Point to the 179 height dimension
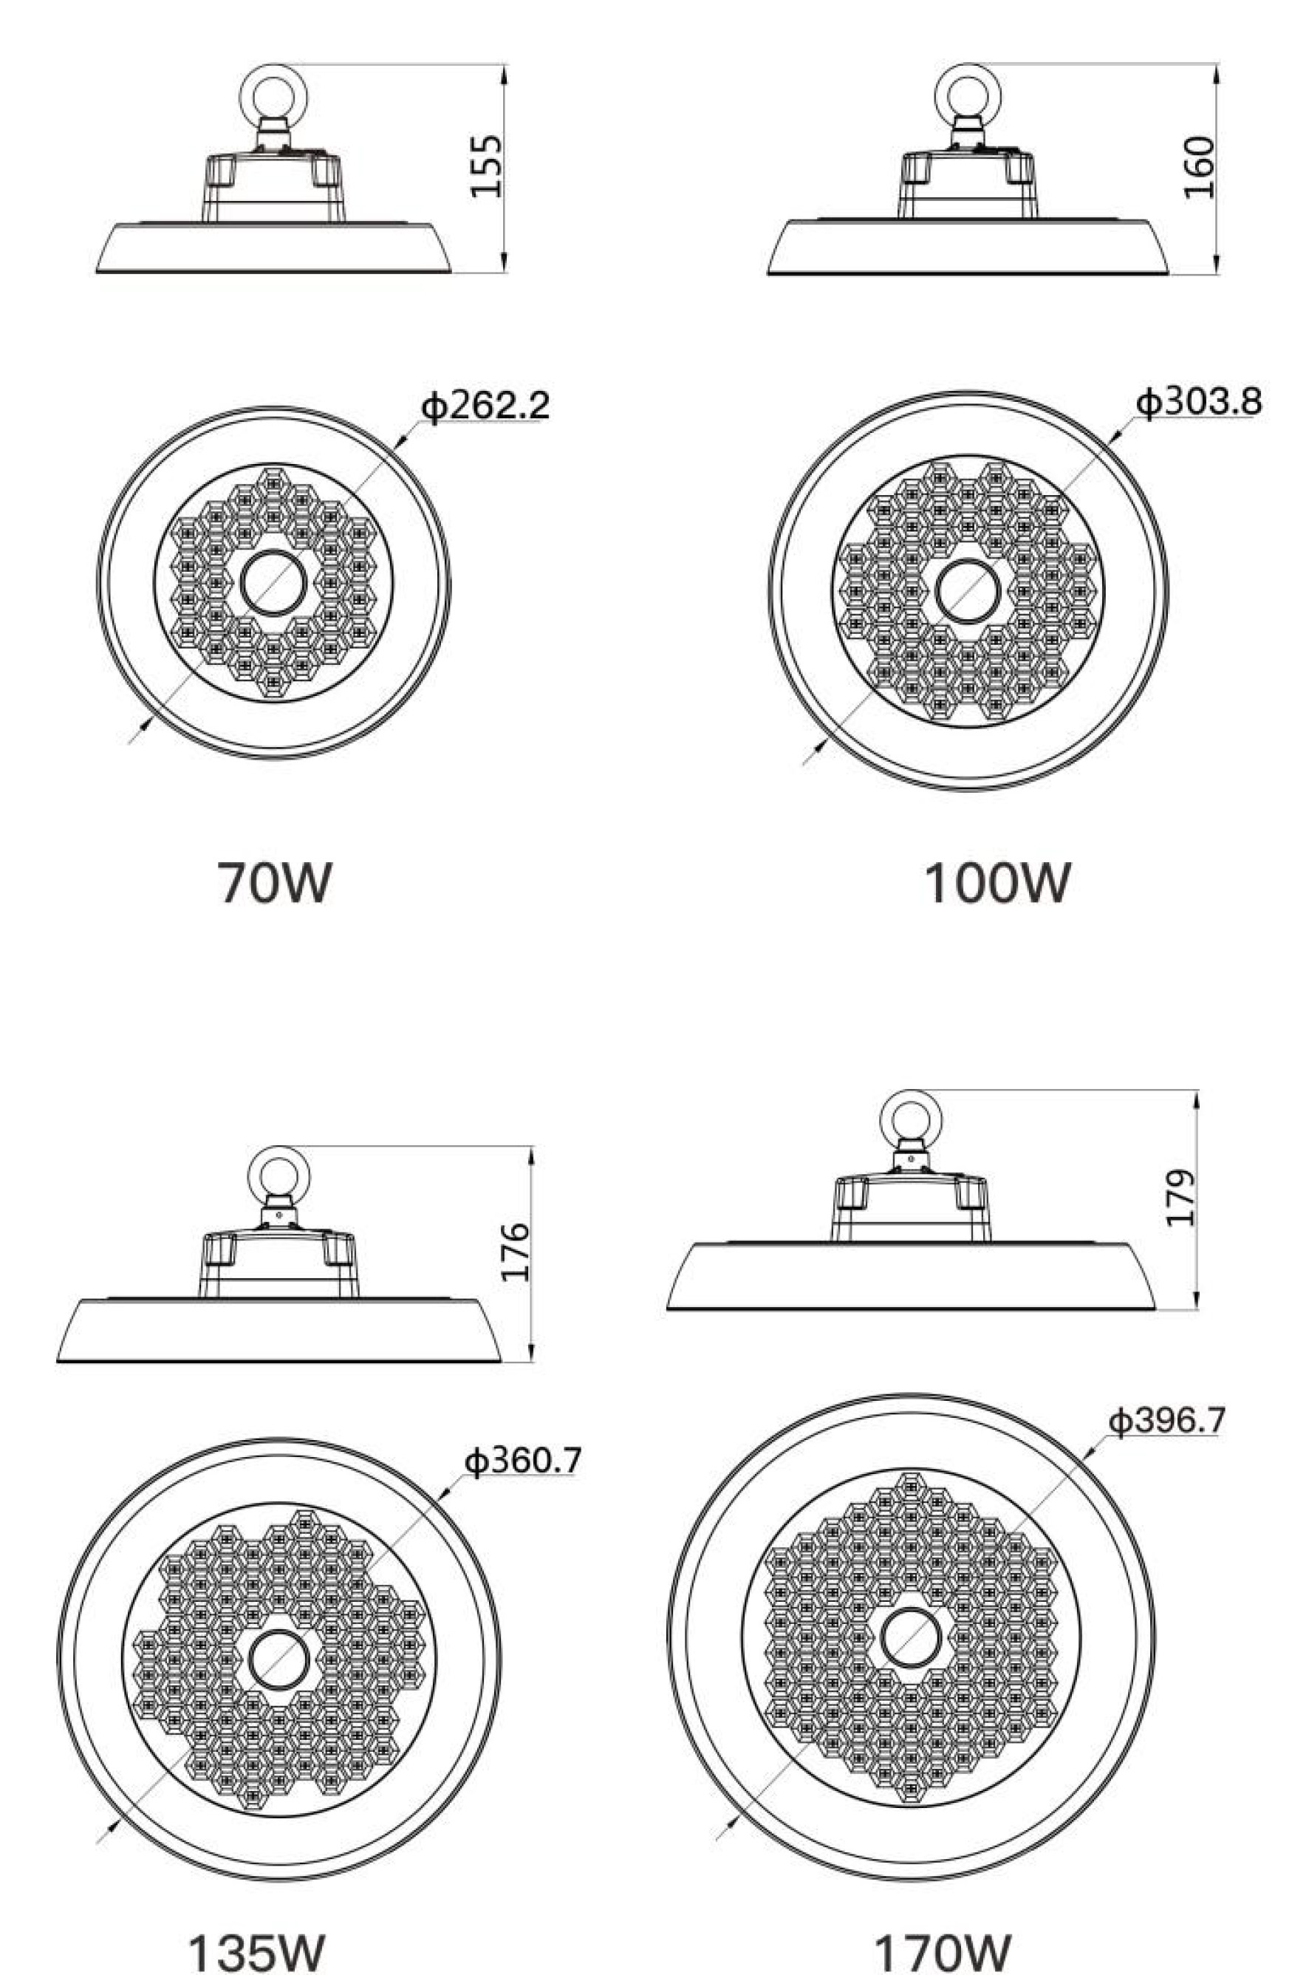(x=1180, y=1198)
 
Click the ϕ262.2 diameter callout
(x=485, y=405)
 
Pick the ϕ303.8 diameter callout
(x=1198, y=402)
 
